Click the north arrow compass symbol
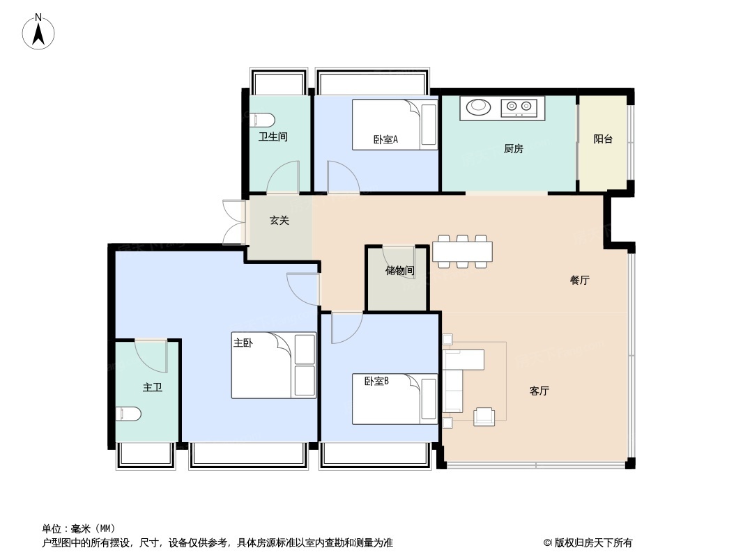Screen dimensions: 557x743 [x=39, y=32]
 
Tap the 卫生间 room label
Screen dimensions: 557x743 [x=273, y=137]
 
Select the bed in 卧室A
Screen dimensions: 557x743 [x=394, y=125]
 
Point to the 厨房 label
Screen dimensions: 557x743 [x=513, y=148]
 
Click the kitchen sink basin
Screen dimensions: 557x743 [x=478, y=107]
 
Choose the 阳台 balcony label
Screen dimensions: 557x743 [x=603, y=139]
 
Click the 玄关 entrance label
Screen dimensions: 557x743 [x=279, y=221]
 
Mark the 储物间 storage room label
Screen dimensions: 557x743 [x=399, y=271]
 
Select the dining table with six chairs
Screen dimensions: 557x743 [x=462, y=251]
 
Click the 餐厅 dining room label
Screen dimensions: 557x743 [x=579, y=281]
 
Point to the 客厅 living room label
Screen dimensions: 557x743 [x=539, y=391]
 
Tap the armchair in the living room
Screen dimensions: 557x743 [x=484, y=416]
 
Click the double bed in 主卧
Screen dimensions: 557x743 [x=273, y=366]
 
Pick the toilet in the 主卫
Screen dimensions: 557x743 [x=128, y=414]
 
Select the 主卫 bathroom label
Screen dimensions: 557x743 [x=152, y=387]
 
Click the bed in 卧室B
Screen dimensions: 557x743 [x=394, y=399]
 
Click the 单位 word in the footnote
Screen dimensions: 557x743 [x=52, y=528]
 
